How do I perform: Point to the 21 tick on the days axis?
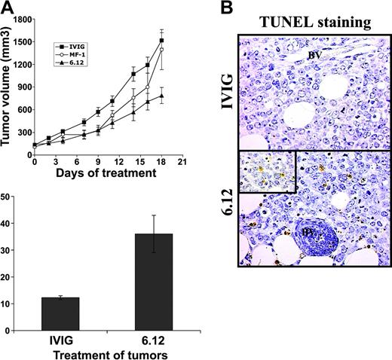click(182, 160)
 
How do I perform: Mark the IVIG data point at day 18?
click(162, 41)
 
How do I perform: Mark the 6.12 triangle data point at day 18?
click(162, 96)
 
